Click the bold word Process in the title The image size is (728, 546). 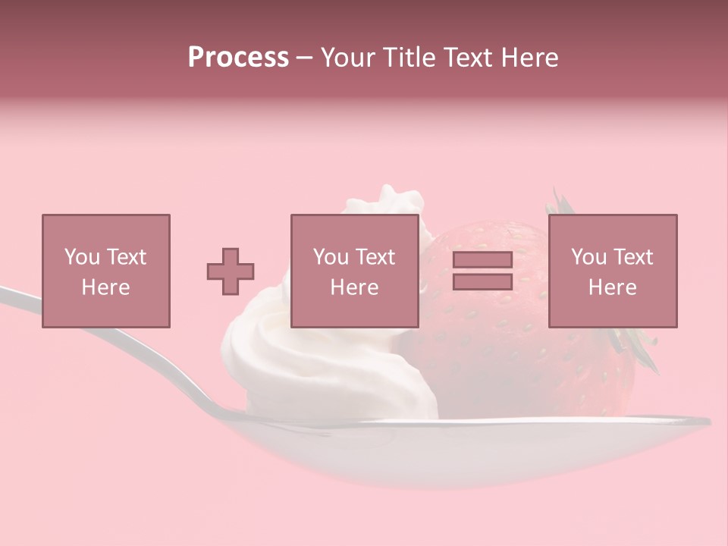[238, 58]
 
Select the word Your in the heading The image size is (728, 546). [347, 58]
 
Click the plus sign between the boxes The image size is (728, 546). [231, 271]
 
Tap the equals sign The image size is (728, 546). [482, 271]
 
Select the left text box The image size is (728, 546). [106, 271]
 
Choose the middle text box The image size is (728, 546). [355, 271]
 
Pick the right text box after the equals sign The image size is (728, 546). [613, 271]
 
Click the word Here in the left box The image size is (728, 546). [105, 287]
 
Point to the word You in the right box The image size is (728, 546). [588, 257]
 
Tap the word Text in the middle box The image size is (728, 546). [376, 257]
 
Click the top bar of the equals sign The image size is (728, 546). [482, 260]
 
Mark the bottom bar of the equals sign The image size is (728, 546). [482, 281]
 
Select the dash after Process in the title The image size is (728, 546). [305, 58]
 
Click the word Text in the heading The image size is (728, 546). [466, 58]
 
